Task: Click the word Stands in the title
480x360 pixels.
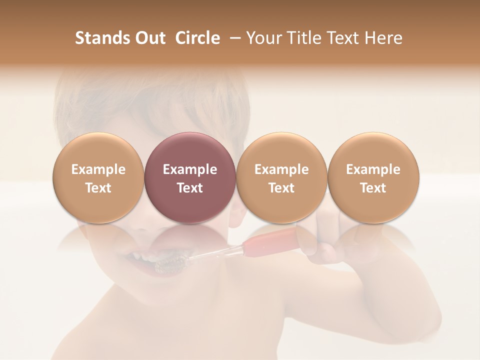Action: [x=100, y=38]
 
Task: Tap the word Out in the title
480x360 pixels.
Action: [x=148, y=38]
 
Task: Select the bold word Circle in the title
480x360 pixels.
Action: [x=197, y=38]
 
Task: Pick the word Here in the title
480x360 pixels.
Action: [x=383, y=38]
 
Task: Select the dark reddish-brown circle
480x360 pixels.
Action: [x=190, y=178]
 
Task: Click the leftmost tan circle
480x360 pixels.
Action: [x=98, y=178]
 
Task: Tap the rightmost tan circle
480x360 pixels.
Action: [x=373, y=178]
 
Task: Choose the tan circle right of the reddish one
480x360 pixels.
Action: [x=281, y=178]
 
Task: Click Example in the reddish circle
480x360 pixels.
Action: [x=190, y=169]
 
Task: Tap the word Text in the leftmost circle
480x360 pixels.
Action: [x=98, y=188]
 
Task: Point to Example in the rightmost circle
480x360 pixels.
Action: [x=373, y=169]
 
